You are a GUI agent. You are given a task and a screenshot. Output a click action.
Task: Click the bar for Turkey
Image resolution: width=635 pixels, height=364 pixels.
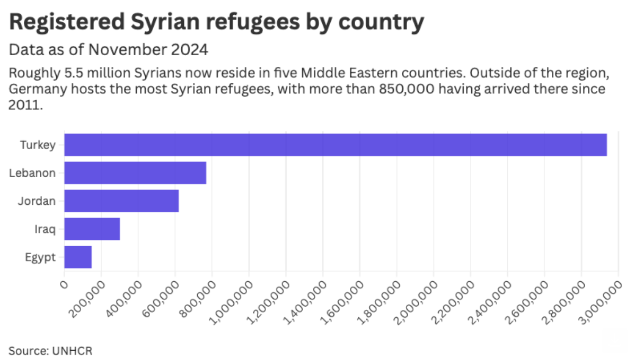tap(335, 145)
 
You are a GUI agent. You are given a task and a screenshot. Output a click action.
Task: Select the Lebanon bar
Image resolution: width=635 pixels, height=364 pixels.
tap(135, 173)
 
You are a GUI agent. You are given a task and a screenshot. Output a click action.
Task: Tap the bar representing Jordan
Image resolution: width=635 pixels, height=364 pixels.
tap(121, 201)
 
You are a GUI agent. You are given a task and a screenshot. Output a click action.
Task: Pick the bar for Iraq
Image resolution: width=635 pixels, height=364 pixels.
tap(92, 229)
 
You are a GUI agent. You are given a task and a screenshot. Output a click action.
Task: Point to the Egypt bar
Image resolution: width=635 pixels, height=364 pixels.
tap(78, 257)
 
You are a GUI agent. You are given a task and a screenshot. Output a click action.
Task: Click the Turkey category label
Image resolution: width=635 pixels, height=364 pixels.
tap(38, 145)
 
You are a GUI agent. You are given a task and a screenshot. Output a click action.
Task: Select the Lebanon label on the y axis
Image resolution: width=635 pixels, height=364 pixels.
tap(32, 173)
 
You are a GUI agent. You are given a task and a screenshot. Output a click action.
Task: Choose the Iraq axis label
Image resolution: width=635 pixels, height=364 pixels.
tap(46, 229)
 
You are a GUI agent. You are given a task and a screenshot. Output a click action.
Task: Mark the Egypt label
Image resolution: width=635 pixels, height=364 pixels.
tap(40, 257)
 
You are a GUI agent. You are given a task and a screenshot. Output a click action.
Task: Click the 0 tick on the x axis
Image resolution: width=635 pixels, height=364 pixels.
tap(64, 284)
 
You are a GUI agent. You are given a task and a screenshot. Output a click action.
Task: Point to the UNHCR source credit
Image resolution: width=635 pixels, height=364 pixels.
tap(67, 351)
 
